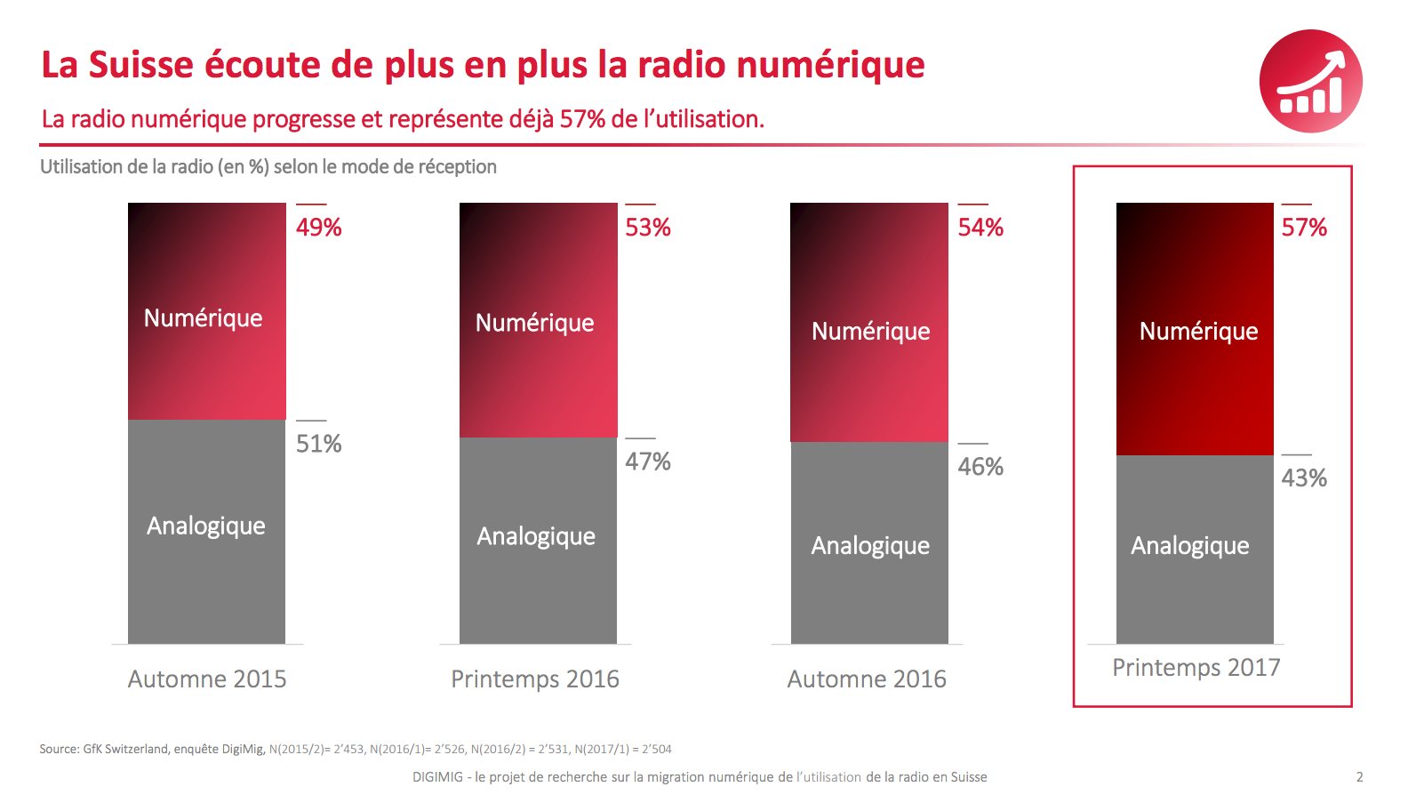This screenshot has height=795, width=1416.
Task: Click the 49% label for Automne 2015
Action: (x=318, y=228)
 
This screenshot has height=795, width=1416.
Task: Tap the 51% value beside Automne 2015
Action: (x=318, y=444)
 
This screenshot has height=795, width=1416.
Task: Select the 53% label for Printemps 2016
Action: (x=647, y=228)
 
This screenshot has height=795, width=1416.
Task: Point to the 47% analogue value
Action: (x=647, y=462)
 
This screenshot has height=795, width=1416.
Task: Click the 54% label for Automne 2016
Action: (x=980, y=228)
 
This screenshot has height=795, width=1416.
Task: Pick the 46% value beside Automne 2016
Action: (x=980, y=467)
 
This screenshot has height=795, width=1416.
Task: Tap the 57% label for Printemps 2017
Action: (x=1303, y=228)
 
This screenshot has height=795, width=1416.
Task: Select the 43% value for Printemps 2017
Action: (x=1303, y=478)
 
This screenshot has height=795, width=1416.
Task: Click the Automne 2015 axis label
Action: (x=207, y=679)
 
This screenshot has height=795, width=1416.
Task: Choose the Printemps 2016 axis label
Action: (x=535, y=679)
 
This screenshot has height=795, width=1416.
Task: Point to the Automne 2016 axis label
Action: (x=867, y=679)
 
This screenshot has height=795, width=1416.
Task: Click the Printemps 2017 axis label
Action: (x=1196, y=668)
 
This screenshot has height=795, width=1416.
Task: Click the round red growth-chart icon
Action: (x=1310, y=81)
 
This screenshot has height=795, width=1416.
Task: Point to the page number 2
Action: (x=1359, y=777)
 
